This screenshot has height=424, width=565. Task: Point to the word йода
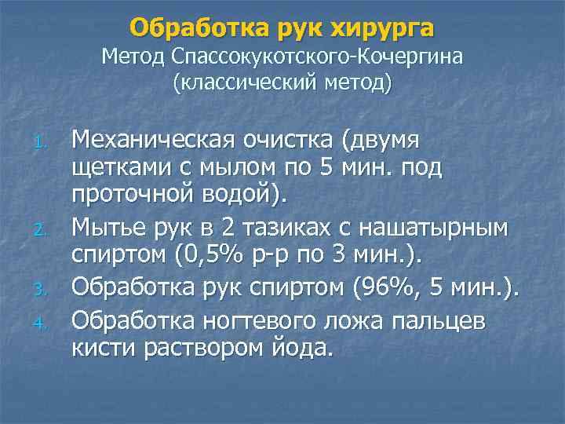(x=302, y=347)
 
